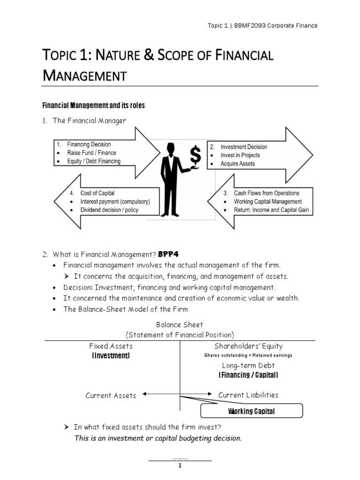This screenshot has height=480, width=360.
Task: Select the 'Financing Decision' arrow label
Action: click(x=89, y=144)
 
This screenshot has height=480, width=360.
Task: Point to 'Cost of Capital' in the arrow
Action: click(x=97, y=193)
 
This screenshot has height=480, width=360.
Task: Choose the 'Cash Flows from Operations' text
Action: click(x=266, y=193)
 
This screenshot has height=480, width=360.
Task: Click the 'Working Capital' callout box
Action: click(x=251, y=412)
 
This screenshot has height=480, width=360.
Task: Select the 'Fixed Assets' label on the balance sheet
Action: click(x=111, y=346)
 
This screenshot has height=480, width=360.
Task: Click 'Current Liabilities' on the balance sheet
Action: click(x=248, y=395)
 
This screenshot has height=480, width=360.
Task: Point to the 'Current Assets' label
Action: click(x=111, y=395)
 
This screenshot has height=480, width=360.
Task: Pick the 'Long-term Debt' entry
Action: click(x=248, y=365)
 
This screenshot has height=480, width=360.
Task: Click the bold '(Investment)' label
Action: click(x=111, y=356)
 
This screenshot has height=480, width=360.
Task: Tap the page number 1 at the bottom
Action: click(x=180, y=465)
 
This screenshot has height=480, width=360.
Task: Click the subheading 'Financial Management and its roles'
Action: click(x=94, y=105)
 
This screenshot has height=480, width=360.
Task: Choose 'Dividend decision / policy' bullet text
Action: click(x=109, y=210)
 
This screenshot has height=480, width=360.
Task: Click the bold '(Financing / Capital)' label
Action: click(x=248, y=375)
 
